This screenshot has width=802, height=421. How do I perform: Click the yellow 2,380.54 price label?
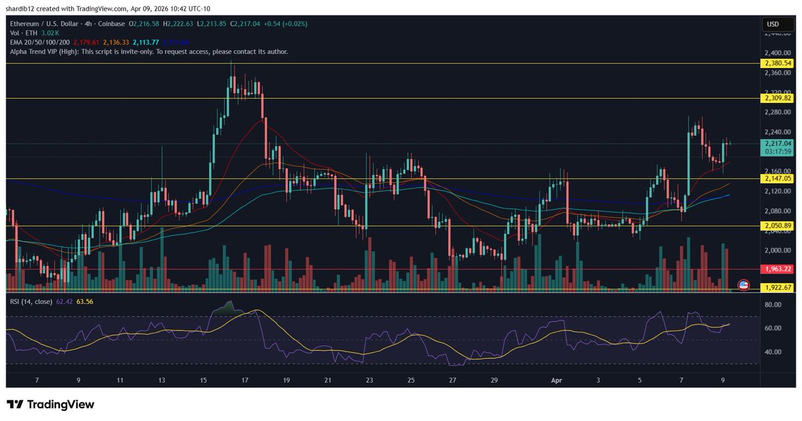click(x=777, y=63)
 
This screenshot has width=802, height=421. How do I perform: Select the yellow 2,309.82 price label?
click(x=777, y=98)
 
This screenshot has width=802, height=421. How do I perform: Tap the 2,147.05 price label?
click(x=777, y=178)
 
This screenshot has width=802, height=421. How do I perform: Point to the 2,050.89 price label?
click(x=777, y=226)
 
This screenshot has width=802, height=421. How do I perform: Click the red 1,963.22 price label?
click(x=777, y=269)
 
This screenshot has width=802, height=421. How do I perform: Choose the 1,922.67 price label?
click(x=777, y=287)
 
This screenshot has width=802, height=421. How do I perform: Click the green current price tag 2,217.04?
click(x=777, y=143)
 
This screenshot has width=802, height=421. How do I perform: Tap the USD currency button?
click(x=773, y=25)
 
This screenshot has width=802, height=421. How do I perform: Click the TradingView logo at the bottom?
click(x=51, y=404)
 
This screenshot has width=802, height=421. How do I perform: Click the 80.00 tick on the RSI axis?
click(x=773, y=305)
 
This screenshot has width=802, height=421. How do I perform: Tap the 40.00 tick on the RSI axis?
click(x=773, y=352)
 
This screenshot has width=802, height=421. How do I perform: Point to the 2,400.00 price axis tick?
click(x=776, y=53)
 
